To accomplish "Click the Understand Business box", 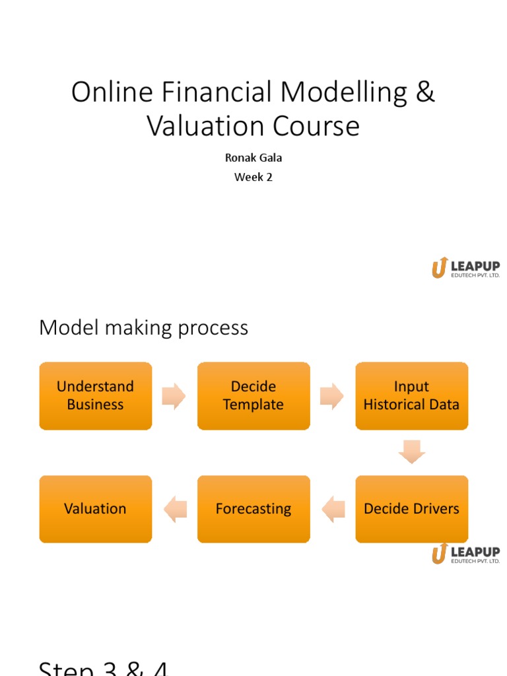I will pos(95,395).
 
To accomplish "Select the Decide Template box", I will pos(253,395).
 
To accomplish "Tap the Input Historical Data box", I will pos(411,395).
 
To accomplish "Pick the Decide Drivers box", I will pos(411,509).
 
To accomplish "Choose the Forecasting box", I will pos(253,509).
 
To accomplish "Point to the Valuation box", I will pos(95,509).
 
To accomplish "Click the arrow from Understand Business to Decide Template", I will pos(174,396).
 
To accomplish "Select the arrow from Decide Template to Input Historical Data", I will pos(332,396).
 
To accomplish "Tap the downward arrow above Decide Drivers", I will pos(412,452).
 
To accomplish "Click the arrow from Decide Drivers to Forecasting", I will pos(333,509).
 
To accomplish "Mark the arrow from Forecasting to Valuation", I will pos(175,509).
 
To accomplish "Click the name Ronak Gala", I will pos(253,158).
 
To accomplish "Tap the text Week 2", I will pos(253,177).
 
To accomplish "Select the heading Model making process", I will pos(143,327).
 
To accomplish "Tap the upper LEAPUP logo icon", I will pos(440,268).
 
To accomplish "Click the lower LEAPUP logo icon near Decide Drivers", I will pos(440,553).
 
